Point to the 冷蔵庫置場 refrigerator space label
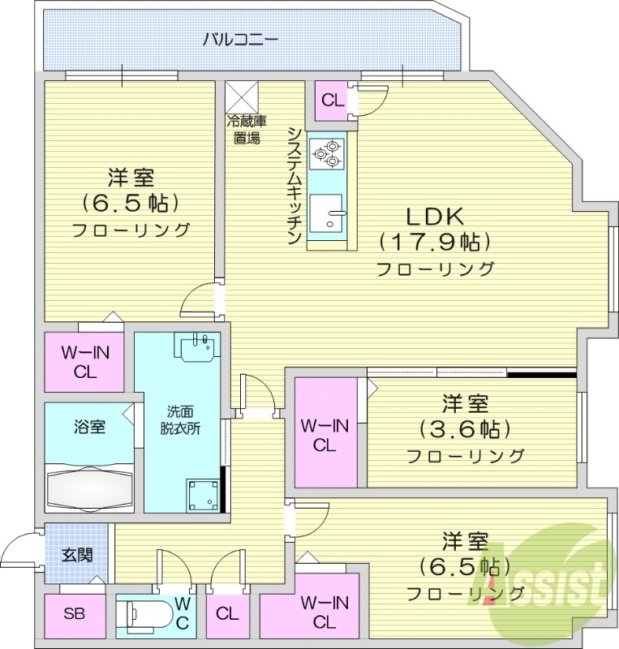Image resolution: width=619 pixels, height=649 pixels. (244, 130)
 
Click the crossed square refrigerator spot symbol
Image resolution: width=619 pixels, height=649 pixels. (242, 97)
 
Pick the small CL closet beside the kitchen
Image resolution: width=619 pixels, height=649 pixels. (332, 101)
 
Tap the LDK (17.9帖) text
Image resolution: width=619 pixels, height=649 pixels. (435, 230)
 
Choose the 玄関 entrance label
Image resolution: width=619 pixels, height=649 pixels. (77, 556)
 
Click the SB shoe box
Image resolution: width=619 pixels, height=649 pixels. (74, 614)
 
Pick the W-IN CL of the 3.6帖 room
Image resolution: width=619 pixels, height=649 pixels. (324, 435)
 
